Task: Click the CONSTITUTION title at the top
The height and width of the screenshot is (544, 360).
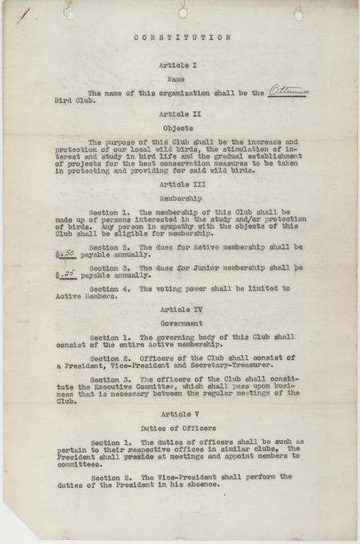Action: point(182,37)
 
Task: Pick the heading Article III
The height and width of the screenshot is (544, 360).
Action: point(182,183)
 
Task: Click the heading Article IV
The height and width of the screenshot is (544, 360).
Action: point(182,308)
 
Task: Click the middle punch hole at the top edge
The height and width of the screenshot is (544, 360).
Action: point(183,12)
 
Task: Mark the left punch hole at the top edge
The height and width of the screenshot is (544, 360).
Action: point(70,13)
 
